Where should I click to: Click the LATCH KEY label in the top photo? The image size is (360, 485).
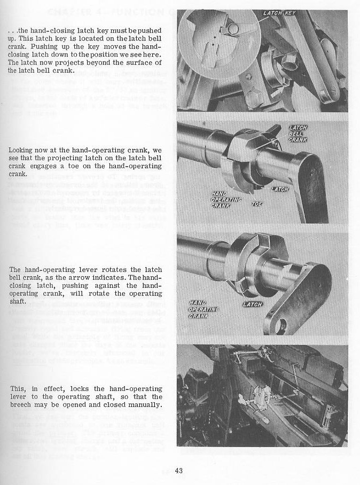click(279, 13)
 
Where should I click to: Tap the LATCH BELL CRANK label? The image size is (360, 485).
click(297, 134)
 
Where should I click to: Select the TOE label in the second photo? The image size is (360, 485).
click(257, 204)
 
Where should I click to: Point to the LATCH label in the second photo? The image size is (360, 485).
click(279, 189)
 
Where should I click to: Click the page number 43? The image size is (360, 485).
click(178, 471)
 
